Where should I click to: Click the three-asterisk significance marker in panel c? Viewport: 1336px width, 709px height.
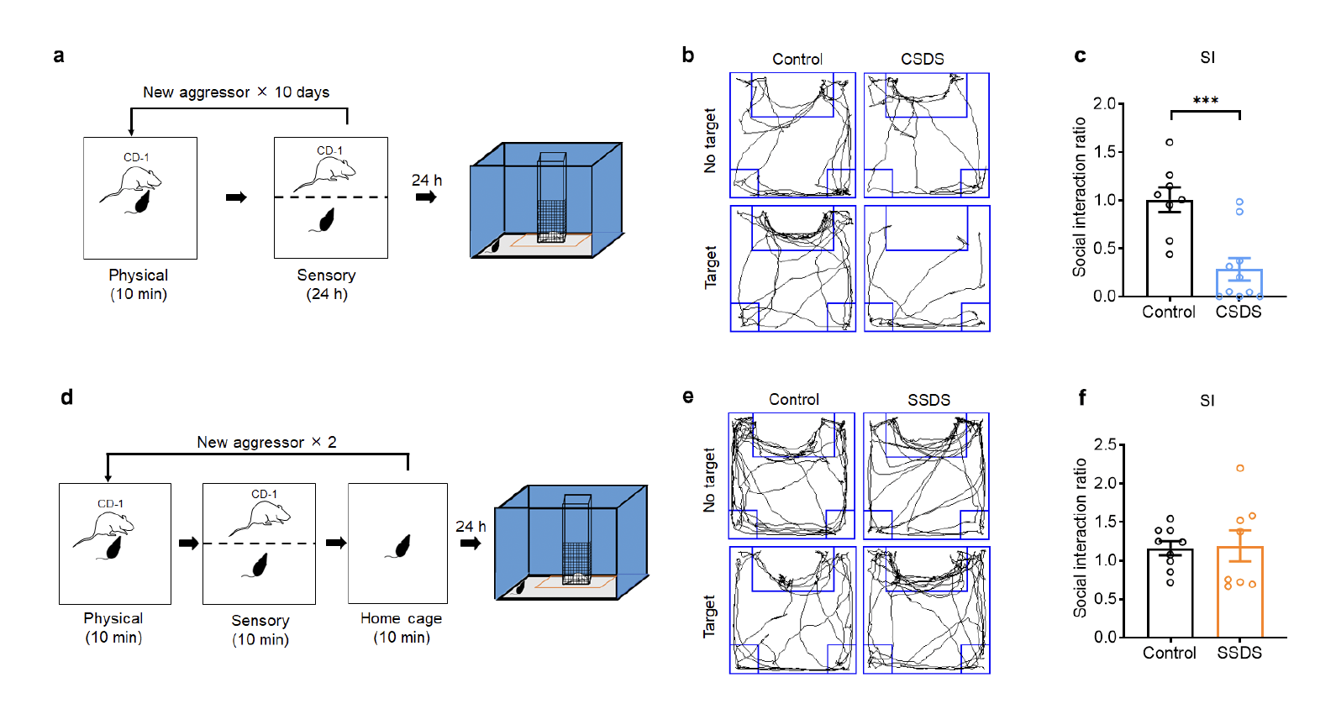[x=1205, y=101]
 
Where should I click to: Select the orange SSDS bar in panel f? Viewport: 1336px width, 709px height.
[x=1239, y=591]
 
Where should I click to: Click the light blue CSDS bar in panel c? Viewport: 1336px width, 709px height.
[x=1239, y=283]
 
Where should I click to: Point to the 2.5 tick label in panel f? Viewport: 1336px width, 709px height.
[x=1105, y=444]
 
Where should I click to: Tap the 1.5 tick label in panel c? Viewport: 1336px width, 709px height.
[x=1104, y=152]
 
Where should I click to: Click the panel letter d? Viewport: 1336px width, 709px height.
[x=66, y=397]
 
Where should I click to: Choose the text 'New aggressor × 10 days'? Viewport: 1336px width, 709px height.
[x=236, y=92]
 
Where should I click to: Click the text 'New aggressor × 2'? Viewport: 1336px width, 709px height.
[x=266, y=443]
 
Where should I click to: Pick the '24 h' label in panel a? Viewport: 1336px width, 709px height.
[x=426, y=181]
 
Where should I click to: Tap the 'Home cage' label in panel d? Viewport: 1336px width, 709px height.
[x=401, y=618]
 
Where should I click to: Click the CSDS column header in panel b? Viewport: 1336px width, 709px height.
[x=922, y=60]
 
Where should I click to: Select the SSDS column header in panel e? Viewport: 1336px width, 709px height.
[x=928, y=400]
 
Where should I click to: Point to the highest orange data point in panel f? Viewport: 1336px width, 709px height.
[x=1239, y=469]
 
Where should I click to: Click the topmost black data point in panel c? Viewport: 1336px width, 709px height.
[x=1169, y=142]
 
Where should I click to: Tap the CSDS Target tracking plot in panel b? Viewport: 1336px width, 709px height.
[x=927, y=269]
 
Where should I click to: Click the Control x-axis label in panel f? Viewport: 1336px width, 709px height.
[x=1169, y=653]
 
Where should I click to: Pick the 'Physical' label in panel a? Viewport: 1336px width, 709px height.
[x=138, y=276]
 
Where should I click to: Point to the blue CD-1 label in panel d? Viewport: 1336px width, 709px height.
[x=110, y=504]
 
